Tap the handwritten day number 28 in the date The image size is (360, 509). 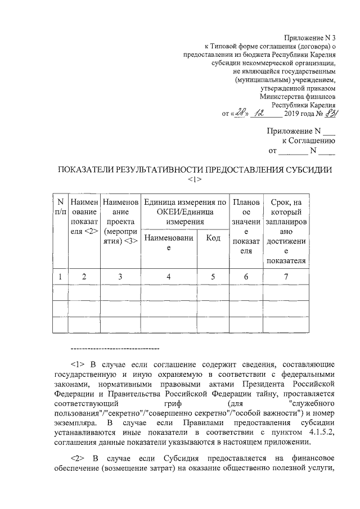click(241, 114)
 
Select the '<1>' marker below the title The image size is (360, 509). click(193, 179)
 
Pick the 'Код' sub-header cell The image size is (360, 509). click(213, 238)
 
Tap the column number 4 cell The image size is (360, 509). click(169, 276)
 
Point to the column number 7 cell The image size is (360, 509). click(286, 276)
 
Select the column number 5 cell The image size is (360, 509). click(213, 276)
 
